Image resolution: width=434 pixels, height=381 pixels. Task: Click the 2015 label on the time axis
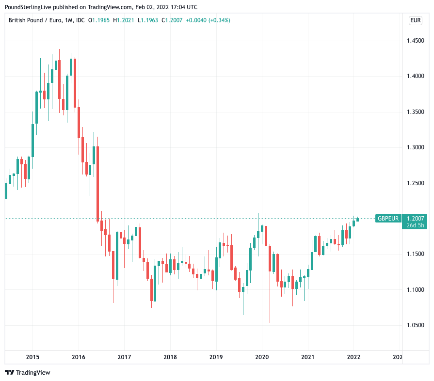coord(32,357)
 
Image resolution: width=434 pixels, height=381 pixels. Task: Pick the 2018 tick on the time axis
coord(170,357)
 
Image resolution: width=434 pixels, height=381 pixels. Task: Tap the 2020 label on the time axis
coord(262,357)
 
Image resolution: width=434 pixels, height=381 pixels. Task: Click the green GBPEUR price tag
coord(388,219)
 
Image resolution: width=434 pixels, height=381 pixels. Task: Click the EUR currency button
coord(415,20)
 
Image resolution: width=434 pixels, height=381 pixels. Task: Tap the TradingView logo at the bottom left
coord(28,372)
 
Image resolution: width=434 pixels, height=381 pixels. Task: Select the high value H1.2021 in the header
coord(124,20)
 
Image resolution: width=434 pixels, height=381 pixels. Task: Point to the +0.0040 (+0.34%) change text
coord(207,20)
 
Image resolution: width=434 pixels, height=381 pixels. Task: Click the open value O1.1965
coord(99,20)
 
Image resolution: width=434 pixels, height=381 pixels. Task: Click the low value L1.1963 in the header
coord(148,20)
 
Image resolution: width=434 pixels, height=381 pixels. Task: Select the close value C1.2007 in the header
coord(172,20)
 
